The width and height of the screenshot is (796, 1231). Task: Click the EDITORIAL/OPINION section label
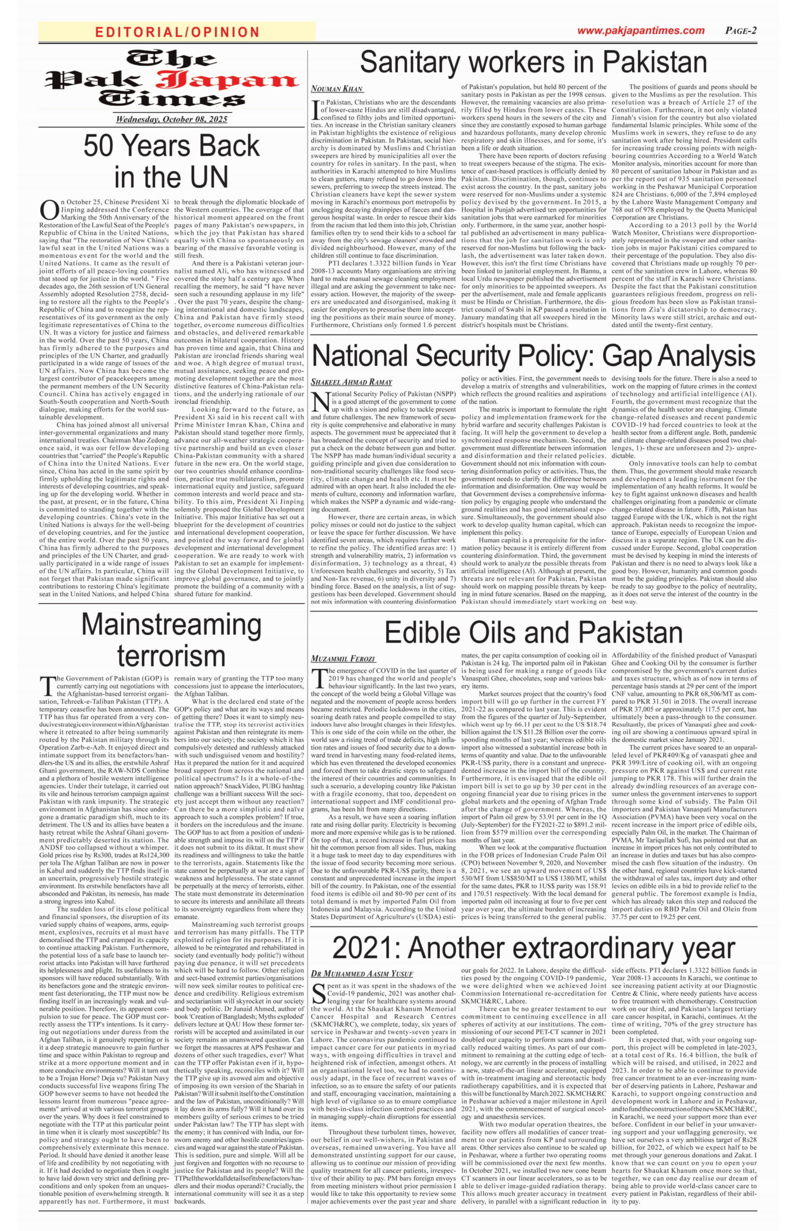coord(177,32)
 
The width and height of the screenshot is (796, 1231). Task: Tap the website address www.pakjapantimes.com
coord(640,30)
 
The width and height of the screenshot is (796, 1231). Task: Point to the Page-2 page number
coord(741,30)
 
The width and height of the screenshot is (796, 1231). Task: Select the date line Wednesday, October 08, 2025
coord(172,119)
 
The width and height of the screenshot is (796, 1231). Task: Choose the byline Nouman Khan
coord(337,88)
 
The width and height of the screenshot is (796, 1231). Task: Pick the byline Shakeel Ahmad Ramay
coord(351,382)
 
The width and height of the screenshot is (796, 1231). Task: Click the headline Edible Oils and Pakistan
coord(534,632)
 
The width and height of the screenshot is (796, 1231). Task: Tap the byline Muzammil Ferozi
coord(343,659)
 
